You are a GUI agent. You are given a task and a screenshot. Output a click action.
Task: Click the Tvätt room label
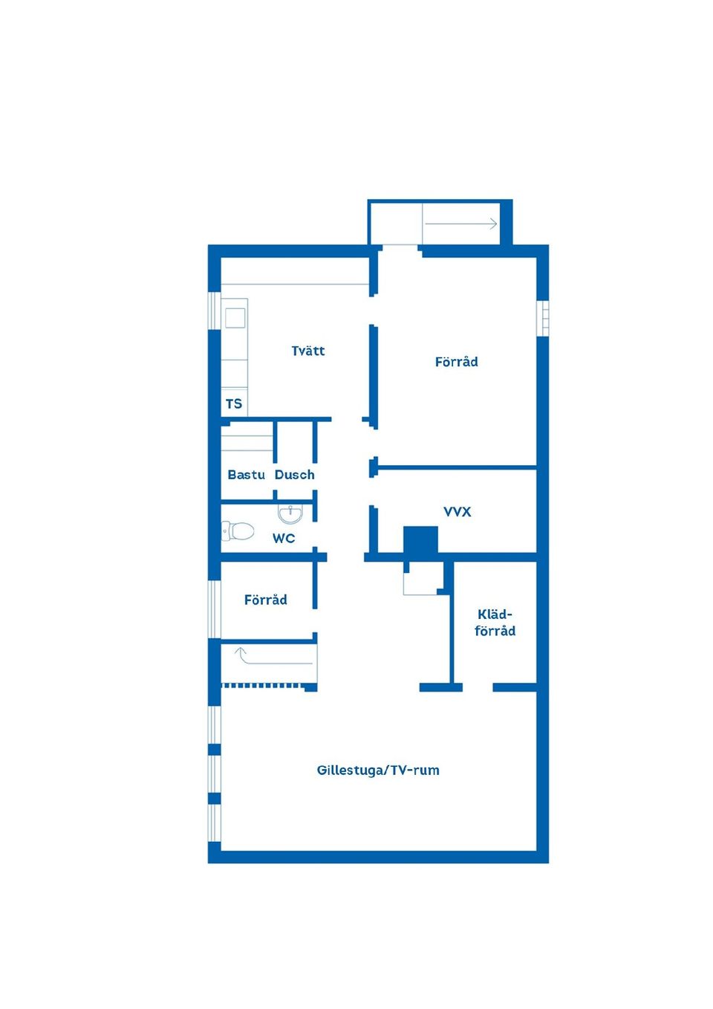tap(308, 351)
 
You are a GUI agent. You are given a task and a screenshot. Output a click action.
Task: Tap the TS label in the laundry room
tap(234, 403)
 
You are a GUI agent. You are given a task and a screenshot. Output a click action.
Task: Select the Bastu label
tap(247, 475)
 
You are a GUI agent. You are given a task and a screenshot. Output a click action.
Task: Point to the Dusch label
tap(294, 475)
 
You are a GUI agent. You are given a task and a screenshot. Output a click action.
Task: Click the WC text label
tap(284, 538)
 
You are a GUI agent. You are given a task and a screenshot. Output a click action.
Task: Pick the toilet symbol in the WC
tap(238, 531)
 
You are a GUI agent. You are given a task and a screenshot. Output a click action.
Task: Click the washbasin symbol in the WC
tap(290, 514)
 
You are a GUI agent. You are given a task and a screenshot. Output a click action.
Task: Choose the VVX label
tap(458, 512)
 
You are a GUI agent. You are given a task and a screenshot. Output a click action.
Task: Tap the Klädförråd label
tap(495, 623)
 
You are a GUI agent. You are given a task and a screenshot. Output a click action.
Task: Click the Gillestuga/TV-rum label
tap(378, 770)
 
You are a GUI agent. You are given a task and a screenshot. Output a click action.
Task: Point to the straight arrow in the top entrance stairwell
tap(461, 224)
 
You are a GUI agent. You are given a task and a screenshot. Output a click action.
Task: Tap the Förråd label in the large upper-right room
tap(457, 362)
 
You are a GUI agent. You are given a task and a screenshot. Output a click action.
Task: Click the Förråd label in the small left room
tap(266, 600)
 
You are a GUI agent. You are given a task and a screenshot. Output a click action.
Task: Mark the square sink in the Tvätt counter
tap(235, 318)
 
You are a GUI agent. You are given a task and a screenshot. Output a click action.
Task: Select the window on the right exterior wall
tap(544, 318)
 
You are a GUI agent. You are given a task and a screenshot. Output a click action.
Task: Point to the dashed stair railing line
tap(264, 686)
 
